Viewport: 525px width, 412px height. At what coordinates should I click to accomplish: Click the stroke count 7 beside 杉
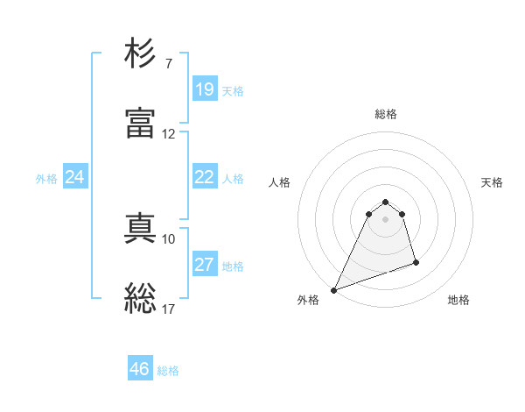pos(169,64)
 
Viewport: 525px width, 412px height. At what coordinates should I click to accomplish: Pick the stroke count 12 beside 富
pos(169,134)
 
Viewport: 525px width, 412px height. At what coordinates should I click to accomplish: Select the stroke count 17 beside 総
pos(169,309)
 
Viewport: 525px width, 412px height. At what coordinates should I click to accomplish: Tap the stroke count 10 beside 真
pos(169,238)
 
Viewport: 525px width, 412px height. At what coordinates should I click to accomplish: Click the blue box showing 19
pos(204,89)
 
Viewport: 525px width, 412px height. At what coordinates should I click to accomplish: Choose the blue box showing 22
pos(204,177)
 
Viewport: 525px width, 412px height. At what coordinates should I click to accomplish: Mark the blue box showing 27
pos(204,265)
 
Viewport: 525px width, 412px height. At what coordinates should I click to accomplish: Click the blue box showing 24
pos(74,177)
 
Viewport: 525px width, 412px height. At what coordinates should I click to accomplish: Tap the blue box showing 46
pos(140,369)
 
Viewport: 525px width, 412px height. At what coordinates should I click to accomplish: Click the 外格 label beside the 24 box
pos(46,178)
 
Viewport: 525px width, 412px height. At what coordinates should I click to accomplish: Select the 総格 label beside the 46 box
pos(168,371)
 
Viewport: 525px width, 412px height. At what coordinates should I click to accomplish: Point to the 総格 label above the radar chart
pos(386,114)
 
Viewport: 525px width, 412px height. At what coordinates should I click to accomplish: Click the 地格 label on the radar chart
pos(458,300)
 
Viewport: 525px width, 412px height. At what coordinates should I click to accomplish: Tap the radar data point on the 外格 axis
pos(333,289)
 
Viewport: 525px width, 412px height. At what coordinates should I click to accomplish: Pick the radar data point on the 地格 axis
pos(416,262)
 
